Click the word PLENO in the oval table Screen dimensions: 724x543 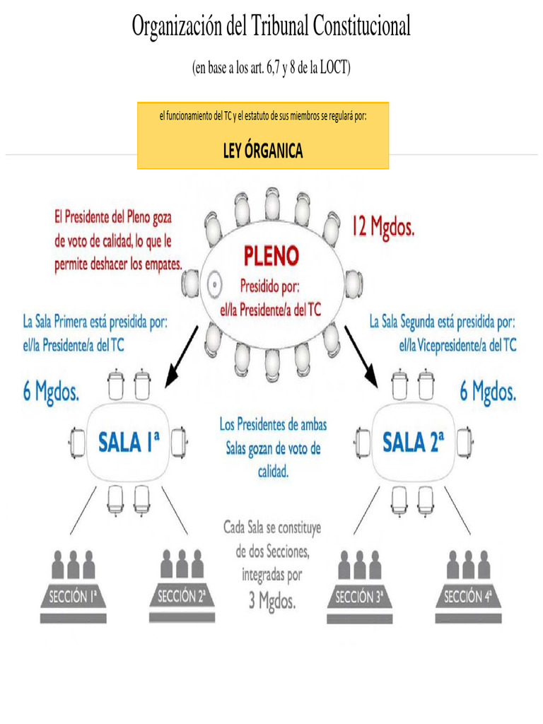coord(271,255)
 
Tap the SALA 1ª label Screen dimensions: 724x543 coord(128,443)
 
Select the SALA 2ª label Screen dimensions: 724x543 coord(413,443)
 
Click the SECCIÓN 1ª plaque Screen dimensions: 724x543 coord(72,597)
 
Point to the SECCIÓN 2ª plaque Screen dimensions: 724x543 coord(181,597)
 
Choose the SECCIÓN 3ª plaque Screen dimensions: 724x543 coord(359,597)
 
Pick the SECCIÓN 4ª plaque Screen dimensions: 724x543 coord(467,597)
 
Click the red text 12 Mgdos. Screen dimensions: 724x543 coord(384,228)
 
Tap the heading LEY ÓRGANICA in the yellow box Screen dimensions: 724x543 coord(263,151)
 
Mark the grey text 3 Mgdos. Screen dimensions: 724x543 coord(271,602)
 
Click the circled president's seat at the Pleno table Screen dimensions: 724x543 coord(211,285)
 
